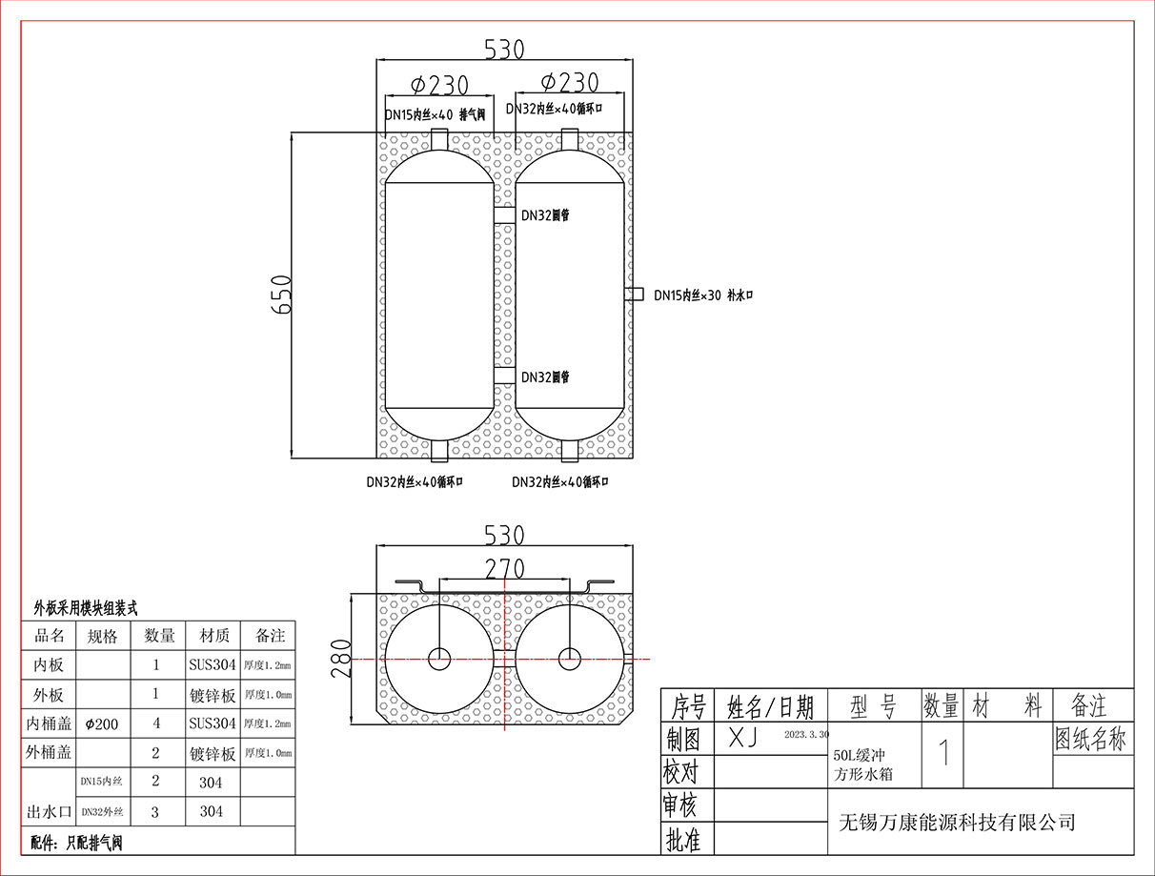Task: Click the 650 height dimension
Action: (282, 295)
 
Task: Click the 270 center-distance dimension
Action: (505, 568)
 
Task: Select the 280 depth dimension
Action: (340, 658)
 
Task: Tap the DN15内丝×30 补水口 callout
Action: (703, 295)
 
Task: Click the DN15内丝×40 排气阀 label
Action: (435, 114)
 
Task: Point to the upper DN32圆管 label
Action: (545, 215)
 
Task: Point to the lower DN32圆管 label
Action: (545, 377)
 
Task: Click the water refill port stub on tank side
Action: (634, 294)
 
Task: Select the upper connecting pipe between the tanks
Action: (504, 215)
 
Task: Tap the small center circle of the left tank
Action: (439, 660)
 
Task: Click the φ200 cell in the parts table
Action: (102, 724)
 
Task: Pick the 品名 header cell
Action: (49, 636)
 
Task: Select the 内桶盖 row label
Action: (49, 723)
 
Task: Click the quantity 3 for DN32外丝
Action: (155, 812)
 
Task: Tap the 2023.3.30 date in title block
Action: (806, 735)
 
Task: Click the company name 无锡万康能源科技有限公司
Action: (957, 823)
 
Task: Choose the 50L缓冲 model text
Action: (860, 756)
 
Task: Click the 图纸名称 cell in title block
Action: (1090, 739)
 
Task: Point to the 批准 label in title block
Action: (683, 840)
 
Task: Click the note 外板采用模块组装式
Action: (86, 609)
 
